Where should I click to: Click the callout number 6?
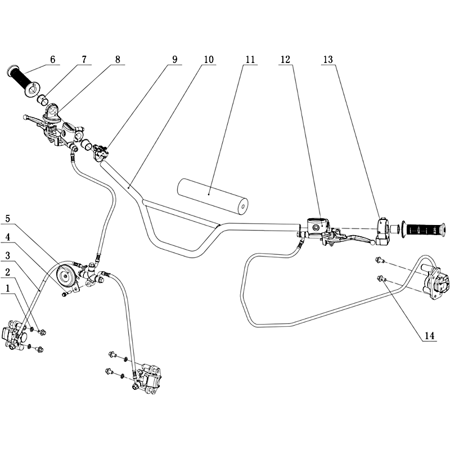pos(52,60)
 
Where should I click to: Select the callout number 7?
pos(84,60)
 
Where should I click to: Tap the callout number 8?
pos(118,60)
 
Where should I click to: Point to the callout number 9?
pos(175,60)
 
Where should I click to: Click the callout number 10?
pos(209,60)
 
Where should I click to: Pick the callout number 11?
pos(250,60)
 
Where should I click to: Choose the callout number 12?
pos(285,60)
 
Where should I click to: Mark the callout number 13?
pos(328,60)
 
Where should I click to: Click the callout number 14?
pos(429,336)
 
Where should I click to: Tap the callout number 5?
pos(8,219)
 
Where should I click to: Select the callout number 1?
pos(8,289)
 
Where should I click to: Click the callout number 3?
pos(8,255)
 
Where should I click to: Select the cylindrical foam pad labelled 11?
pos(213,196)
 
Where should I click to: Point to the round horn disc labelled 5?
pos(66,276)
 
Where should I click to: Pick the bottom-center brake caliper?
pos(147,379)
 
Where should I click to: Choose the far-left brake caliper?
pos(15,337)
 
